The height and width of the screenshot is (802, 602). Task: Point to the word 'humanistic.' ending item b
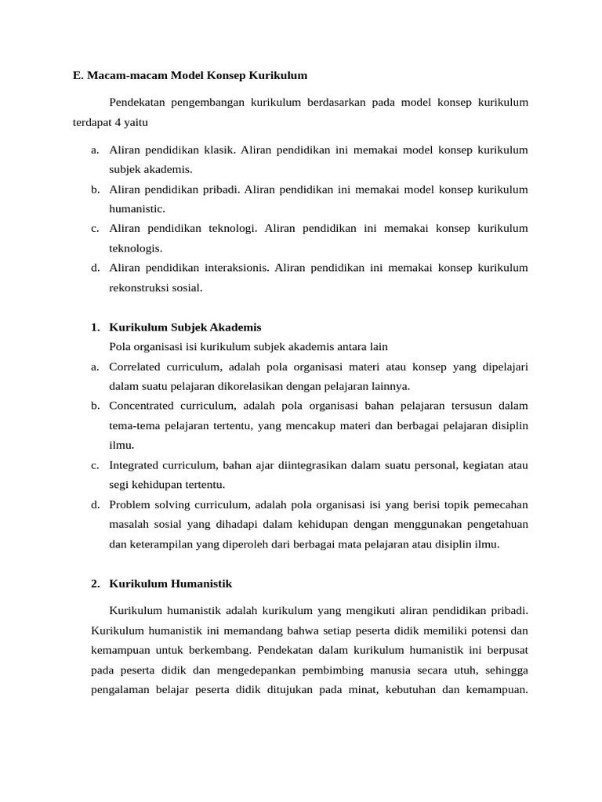tap(136, 209)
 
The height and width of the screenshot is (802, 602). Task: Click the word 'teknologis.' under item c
tap(136, 248)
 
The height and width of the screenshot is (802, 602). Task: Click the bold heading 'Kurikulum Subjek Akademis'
tap(186, 327)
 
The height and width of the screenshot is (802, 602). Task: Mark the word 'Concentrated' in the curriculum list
tap(144, 406)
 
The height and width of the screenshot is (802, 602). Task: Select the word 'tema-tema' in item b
tap(133, 425)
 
